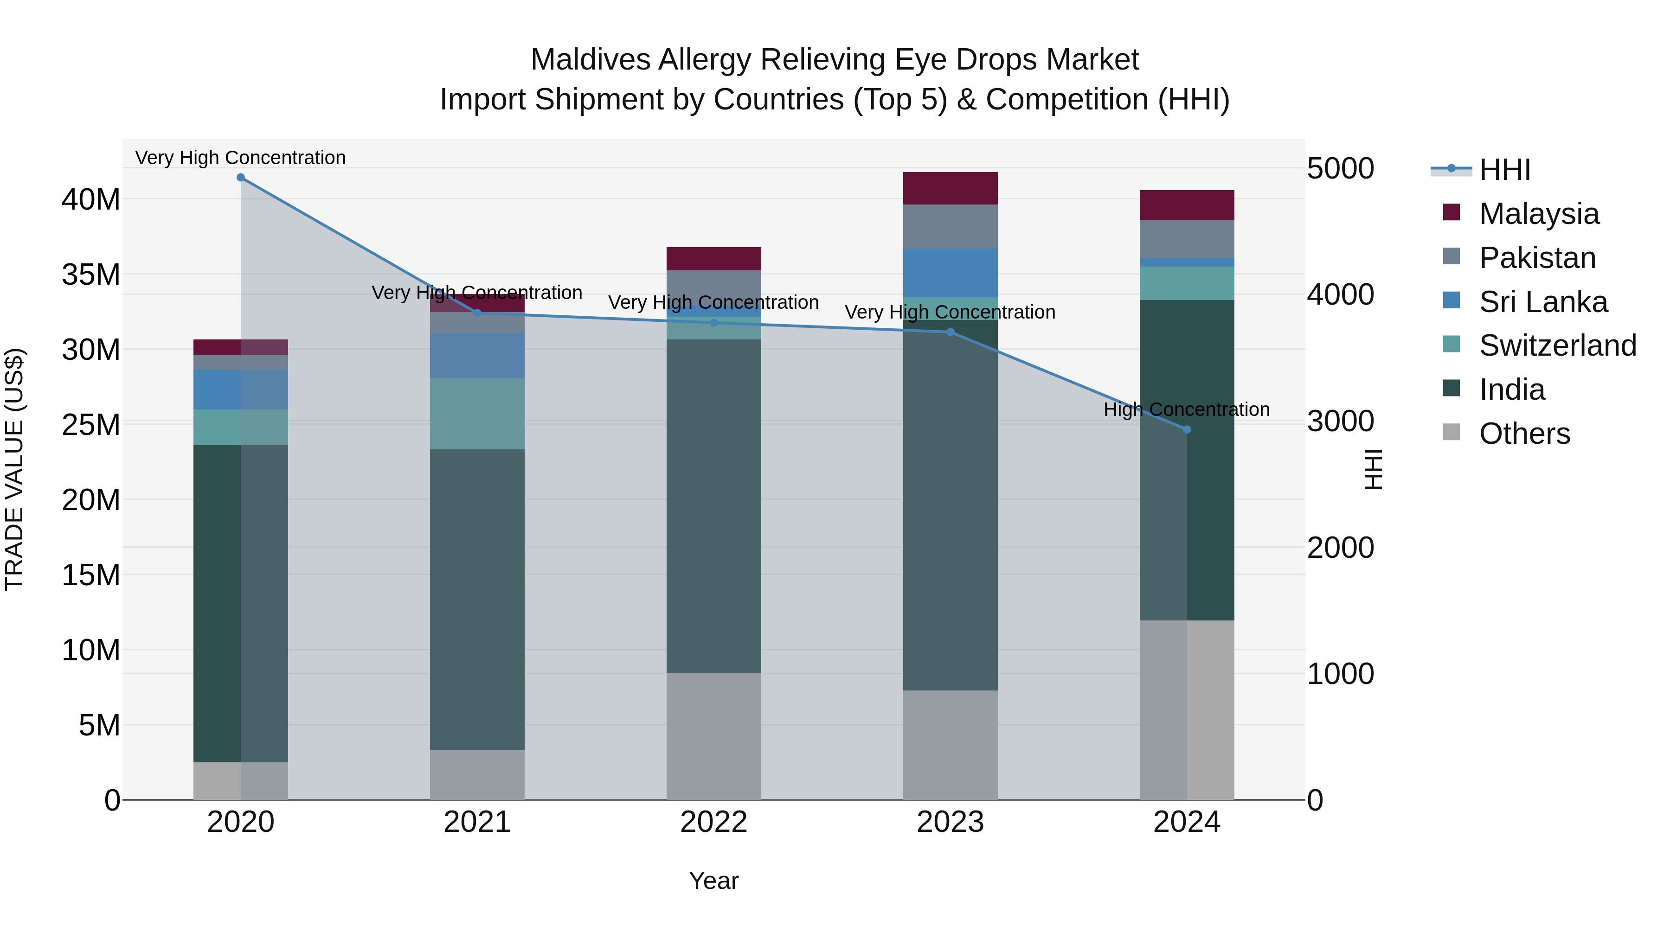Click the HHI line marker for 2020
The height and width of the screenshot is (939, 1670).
(x=240, y=178)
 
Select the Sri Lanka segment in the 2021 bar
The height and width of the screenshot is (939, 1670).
(x=477, y=356)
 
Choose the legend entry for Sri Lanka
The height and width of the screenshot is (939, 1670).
(x=1543, y=302)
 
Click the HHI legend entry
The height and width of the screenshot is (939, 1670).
(x=1504, y=170)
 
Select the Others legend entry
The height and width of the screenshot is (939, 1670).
(x=1523, y=434)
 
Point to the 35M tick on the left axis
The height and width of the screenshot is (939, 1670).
(x=91, y=275)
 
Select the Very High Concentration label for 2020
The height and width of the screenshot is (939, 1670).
(x=240, y=158)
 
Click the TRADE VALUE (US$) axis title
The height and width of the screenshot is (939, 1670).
(x=14, y=469)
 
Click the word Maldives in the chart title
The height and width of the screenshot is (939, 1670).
(x=590, y=60)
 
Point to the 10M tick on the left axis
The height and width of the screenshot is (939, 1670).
(x=91, y=650)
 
